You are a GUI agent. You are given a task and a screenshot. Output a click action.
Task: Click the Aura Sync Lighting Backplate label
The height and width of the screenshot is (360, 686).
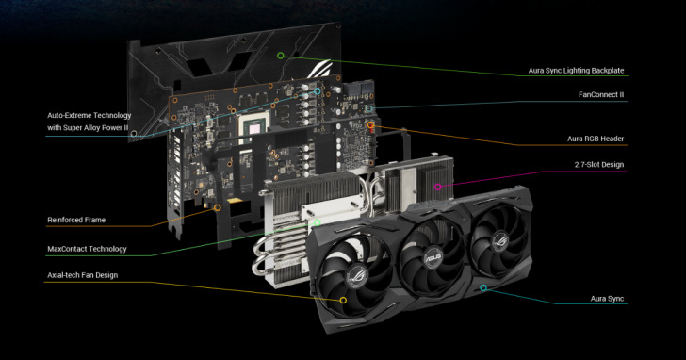point(576,71)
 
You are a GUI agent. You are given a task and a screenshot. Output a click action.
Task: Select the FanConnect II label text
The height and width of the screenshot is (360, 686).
point(601,94)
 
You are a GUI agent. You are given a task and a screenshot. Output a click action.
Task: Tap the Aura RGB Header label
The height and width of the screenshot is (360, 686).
point(596,139)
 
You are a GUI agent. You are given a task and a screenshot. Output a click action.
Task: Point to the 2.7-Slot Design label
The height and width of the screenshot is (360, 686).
point(599,165)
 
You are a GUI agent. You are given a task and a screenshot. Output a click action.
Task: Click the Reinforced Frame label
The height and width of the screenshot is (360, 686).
point(76,220)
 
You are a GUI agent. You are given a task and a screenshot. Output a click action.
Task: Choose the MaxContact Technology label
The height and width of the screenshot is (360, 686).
point(87,249)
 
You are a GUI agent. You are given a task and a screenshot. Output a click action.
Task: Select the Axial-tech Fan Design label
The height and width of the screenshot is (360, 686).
point(83,275)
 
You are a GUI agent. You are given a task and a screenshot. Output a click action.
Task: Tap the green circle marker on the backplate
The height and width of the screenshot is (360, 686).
point(281,56)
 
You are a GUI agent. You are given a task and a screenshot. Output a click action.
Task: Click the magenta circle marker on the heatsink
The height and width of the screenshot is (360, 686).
point(437,188)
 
